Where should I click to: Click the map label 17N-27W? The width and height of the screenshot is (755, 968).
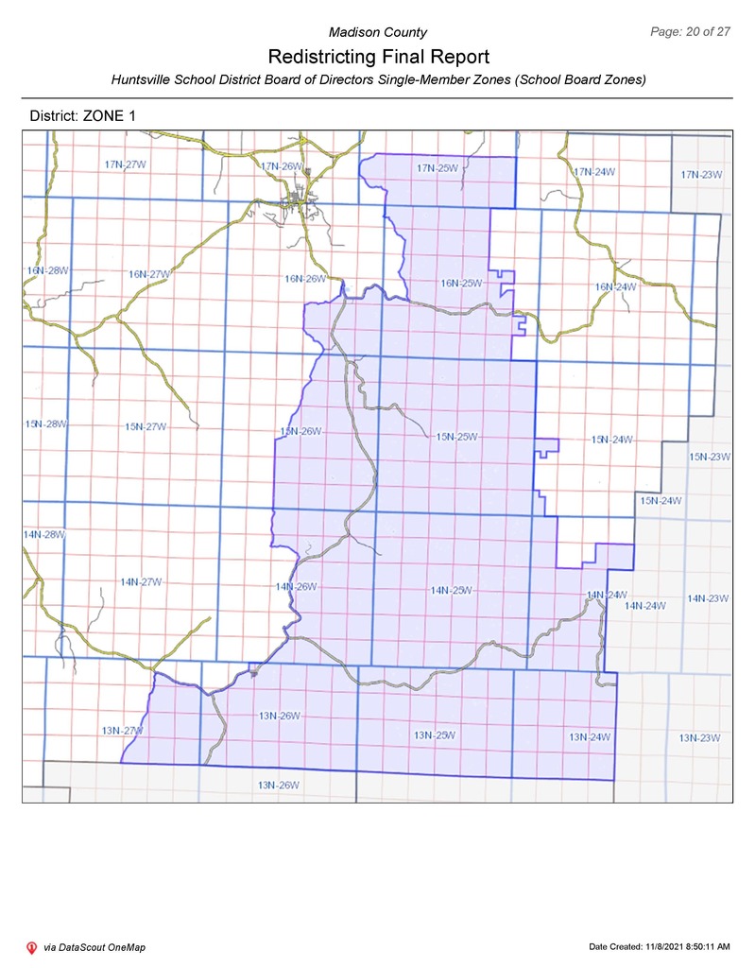pyautogui.click(x=124, y=164)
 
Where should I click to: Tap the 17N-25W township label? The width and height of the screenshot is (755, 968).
pyautogui.click(x=438, y=168)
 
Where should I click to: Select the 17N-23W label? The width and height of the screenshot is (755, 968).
pyautogui.click(x=701, y=174)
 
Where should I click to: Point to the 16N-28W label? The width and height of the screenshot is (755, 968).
pyautogui.click(x=47, y=270)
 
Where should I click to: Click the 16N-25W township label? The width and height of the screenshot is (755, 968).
pyautogui.click(x=461, y=283)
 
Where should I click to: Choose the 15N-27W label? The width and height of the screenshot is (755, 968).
pyautogui.click(x=146, y=426)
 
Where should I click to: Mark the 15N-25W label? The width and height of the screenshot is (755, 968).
pyautogui.click(x=457, y=437)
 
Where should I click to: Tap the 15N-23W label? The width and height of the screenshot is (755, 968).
pyautogui.click(x=710, y=457)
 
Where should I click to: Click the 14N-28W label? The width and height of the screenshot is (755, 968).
pyautogui.click(x=43, y=535)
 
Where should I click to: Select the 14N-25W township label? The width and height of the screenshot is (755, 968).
pyautogui.click(x=451, y=590)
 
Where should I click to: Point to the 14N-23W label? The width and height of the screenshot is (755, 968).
pyautogui.click(x=708, y=598)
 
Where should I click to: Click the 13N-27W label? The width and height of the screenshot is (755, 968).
pyautogui.click(x=121, y=731)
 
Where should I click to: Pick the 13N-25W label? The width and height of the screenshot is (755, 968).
pyautogui.click(x=435, y=735)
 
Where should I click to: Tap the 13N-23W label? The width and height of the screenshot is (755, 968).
pyautogui.click(x=699, y=737)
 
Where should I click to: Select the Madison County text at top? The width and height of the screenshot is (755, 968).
pyautogui.click(x=377, y=33)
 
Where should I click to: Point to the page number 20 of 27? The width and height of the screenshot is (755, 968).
pyautogui.click(x=691, y=32)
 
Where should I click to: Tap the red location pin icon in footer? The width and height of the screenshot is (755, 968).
pyautogui.click(x=31, y=947)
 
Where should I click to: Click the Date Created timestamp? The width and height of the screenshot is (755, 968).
pyautogui.click(x=659, y=946)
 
